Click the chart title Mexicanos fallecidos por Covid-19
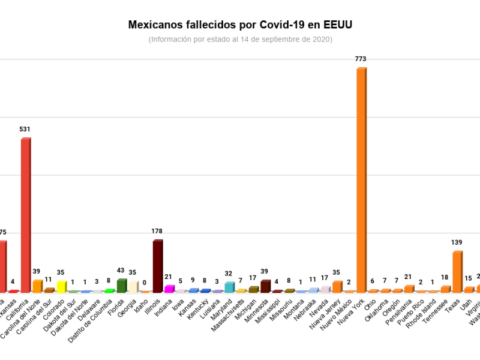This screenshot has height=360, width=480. (240, 25)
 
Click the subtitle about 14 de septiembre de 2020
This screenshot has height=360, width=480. (240, 39)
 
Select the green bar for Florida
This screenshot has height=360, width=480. (121, 286)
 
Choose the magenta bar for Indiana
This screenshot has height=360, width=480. (169, 289)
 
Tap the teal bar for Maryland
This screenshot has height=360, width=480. (229, 287)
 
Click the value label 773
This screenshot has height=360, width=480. (361, 59)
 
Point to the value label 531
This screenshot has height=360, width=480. (25, 129)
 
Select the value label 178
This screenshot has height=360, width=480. (157, 231)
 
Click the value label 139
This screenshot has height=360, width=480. (457, 242)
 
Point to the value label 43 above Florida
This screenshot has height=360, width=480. (121, 271)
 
